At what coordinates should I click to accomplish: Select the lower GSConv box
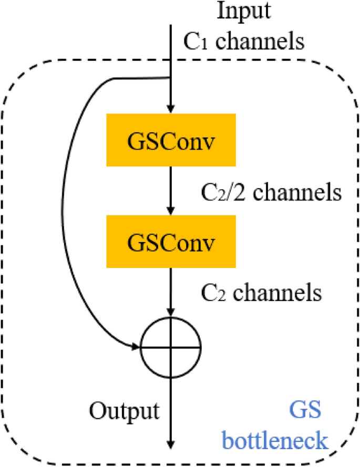click(x=171, y=243)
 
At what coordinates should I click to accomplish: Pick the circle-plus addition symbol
click(x=171, y=347)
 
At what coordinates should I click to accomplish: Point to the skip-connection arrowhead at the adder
click(x=136, y=347)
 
